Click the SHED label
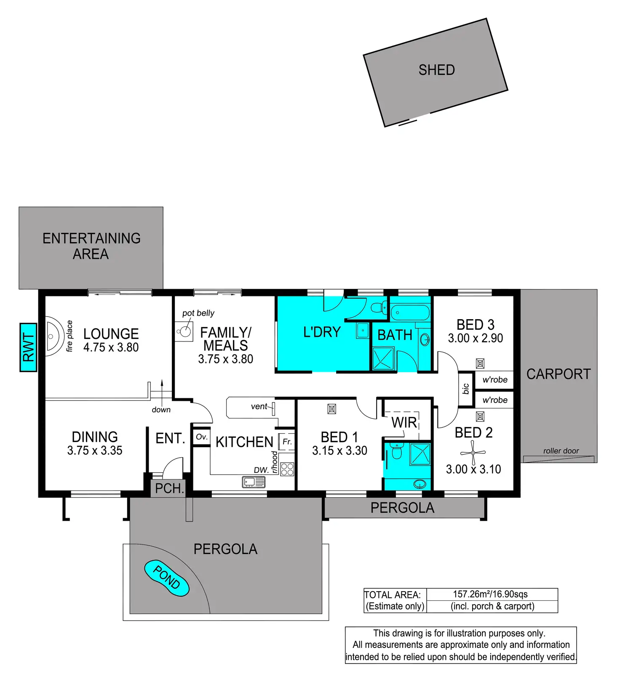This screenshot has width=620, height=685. pyautogui.click(x=436, y=70)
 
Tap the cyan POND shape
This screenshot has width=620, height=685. pyautogui.click(x=166, y=578)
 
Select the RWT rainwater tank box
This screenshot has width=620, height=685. pyautogui.click(x=28, y=347)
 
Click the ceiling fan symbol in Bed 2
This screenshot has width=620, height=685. pyautogui.click(x=473, y=453)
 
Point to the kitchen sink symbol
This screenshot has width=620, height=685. pyautogui.click(x=254, y=482)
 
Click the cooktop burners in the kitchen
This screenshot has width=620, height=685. pyautogui.click(x=287, y=469)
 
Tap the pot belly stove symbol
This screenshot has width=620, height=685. pyautogui.click(x=184, y=332)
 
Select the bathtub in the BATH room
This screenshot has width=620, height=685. pyautogui.click(x=410, y=313)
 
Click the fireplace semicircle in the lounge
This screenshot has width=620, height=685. pyautogui.click(x=53, y=336)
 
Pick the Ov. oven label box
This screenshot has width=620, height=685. pyautogui.click(x=202, y=437)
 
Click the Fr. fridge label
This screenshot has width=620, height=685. pyautogui.click(x=287, y=442)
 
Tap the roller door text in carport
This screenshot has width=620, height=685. pyautogui.click(x=561, y=451)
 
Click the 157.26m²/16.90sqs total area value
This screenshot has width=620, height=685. pyautogui.click(x=490, y=594)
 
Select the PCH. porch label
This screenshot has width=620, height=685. pyautogui.click(x=169, y=488)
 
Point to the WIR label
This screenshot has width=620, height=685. pyautogui.click(x=404, y=422)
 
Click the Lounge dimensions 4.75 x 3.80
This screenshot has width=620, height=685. pyautogui.click(x=111, y=347)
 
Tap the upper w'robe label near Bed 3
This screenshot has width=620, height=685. pyautogui.click(x=495, y=380)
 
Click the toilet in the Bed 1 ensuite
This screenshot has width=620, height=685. pyautogui.click(x=396, y=451)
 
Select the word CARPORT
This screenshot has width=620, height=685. pyautogui.click(x=559, y=374)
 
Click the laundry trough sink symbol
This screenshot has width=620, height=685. pyautogui.click(x=363, y=331)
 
